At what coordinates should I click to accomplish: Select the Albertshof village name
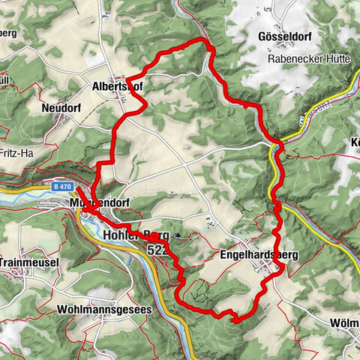pos(117,86)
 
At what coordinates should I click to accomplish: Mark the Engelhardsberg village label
pos(259,255)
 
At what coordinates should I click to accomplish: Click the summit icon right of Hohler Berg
pos(177,236)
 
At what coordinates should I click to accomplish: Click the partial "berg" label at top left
pos(9,34)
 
